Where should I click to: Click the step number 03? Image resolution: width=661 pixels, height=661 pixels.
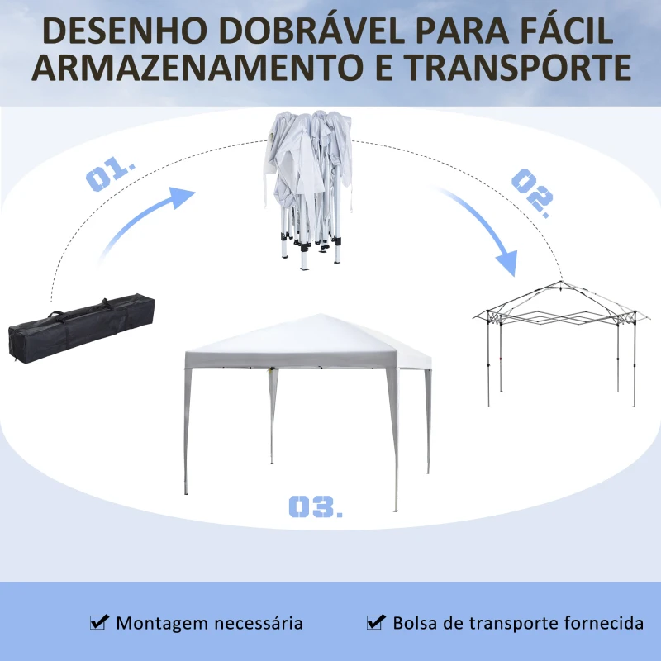[315, 506]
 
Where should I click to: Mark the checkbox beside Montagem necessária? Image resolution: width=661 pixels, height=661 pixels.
[99, 622]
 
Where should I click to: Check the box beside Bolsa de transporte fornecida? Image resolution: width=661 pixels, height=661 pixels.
[376, 622]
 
